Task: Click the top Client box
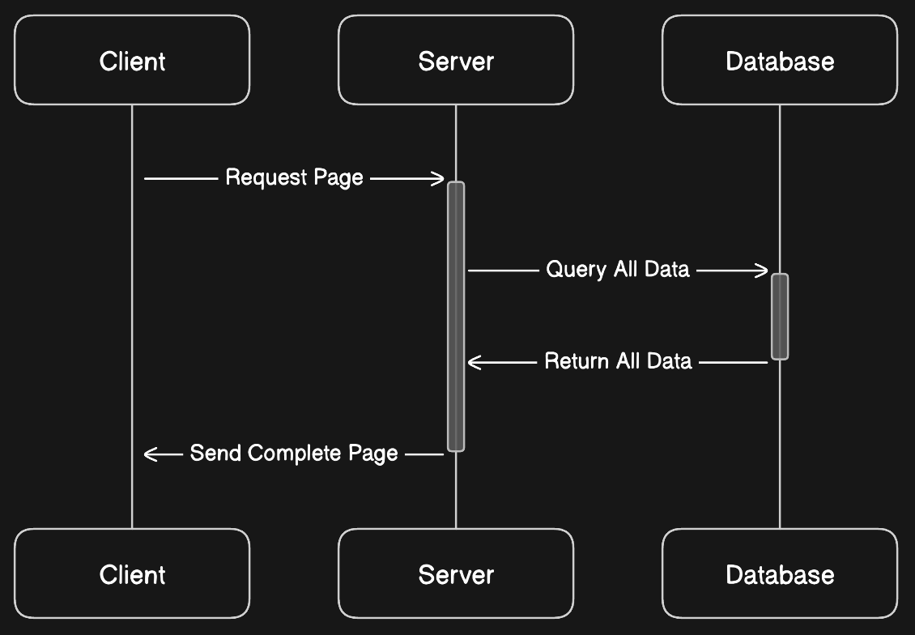click(x=132, y=60)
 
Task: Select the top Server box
click(x=456, y=60)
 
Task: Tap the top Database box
click(x=780, y=60)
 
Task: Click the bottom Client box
click(x=132, y=573)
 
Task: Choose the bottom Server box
click(x=456, y=573)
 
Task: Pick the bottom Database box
click(x=780, y=573)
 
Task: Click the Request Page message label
click(x=294, y=177)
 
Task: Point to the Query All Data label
click(x=617, y=270)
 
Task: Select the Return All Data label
click(x=618, y=361)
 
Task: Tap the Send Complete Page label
click(x=294, y=454)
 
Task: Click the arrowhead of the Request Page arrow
click(x=438, y=178)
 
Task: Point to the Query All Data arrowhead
click(x=761, y=271)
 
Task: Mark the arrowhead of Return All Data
click(x=475, y=362)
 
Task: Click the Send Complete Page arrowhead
click(x=151, y=454)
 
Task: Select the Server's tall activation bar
click(x=456, y=317)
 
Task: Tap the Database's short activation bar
click(x=780, y=317)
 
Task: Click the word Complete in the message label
click(x=294, y=454)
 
